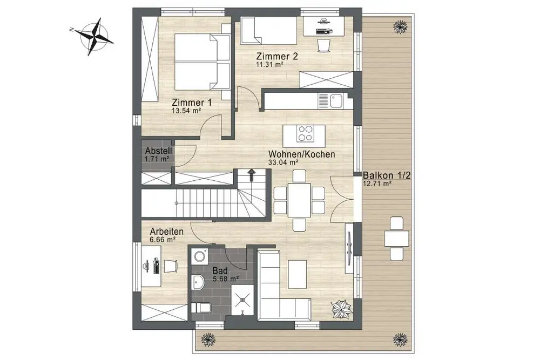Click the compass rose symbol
[x=93, y=36]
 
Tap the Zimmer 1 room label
[x=192, y=103]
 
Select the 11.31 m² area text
[x=269, y=64]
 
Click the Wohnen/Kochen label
[x=302, y=154]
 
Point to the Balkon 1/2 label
[x=387, y=175]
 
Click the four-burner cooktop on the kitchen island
[x=306, y=133]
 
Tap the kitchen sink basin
[x=335, y=101]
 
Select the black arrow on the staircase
[x=252, y=174]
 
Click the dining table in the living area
[x=299, y=201]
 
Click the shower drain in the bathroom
[x=243, y=298]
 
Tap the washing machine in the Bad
[x=199, y=256]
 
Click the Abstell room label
[x=158, y=151]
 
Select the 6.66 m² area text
[x=163, y=240]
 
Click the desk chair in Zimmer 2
[x=323, y=45]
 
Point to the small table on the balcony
[x=396, y=238]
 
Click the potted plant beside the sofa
[x=341, y=309]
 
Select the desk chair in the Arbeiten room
[x=171, y=266]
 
